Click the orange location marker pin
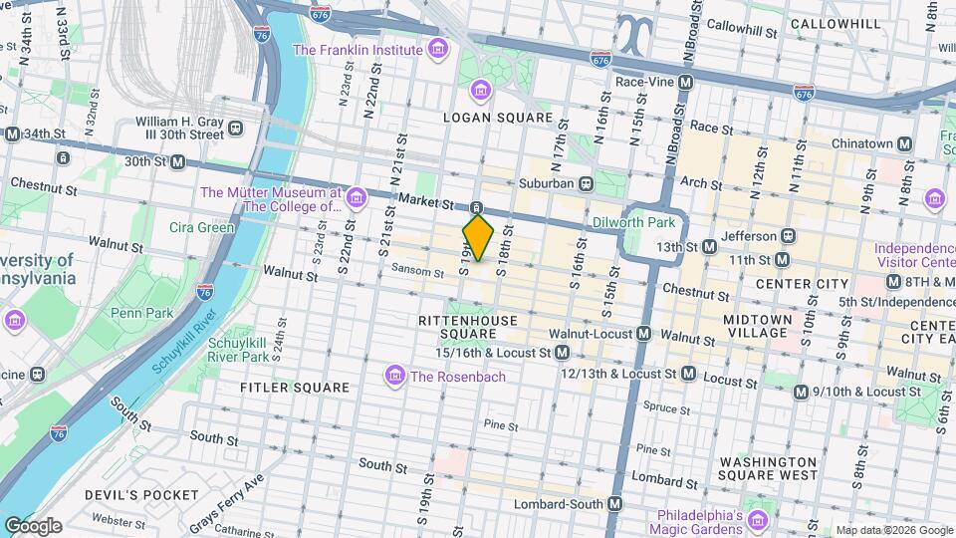[x=478, y=238]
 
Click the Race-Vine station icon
[x=683, y=84]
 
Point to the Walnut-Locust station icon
[x=644, y=334]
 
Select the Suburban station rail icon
[x=588, y=183]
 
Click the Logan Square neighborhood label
[x=498, y=118]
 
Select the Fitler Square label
[x=295, y=387]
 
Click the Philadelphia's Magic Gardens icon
[x=757, y=521]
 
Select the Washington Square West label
[x=768, y=469]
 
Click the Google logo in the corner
[x=33, y=525]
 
